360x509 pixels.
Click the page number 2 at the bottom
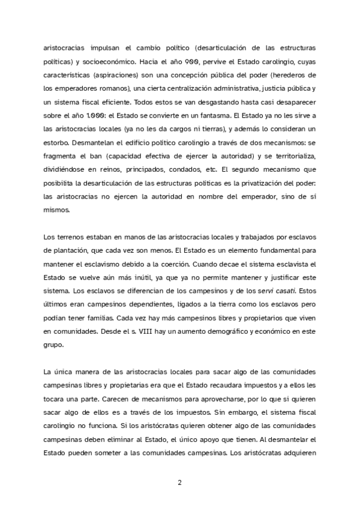click(x=179, y=483)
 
